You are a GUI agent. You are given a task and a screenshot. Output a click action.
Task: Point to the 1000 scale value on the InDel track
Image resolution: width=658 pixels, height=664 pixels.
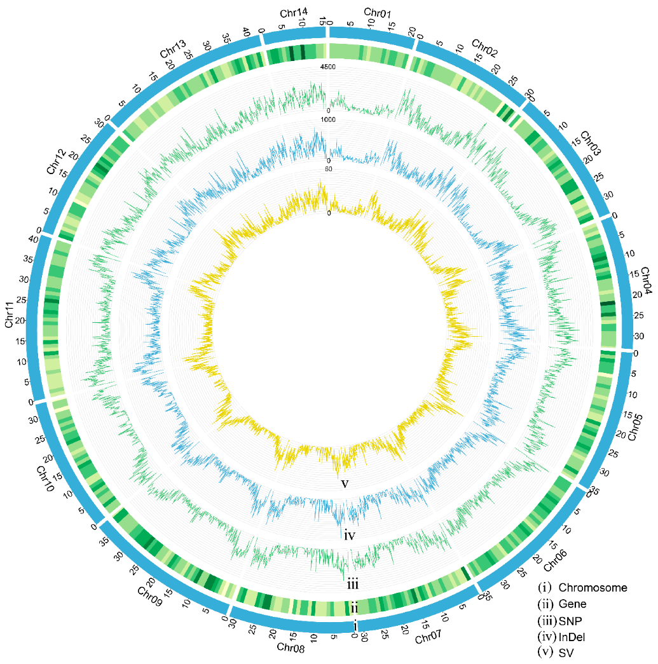point(327,120)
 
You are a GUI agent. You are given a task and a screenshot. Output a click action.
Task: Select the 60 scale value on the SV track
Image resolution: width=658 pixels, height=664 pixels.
point(328,169)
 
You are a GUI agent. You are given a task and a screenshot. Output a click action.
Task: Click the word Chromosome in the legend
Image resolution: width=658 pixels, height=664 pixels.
point(593,588)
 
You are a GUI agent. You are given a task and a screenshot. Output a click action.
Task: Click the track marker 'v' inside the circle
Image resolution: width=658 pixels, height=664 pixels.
point(345,484)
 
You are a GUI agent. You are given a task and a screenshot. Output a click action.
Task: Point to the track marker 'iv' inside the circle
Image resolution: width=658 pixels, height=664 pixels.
point(349,535)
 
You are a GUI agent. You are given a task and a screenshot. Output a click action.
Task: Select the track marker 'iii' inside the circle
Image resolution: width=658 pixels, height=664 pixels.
point(354,581)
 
